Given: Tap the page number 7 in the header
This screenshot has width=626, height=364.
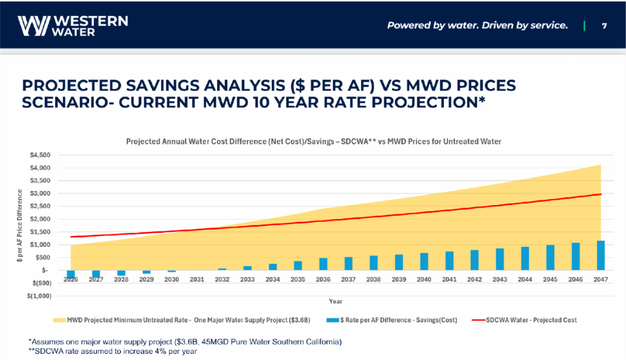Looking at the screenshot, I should (x=604, y=25).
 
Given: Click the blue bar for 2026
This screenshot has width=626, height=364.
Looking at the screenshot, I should (x=71, y=274).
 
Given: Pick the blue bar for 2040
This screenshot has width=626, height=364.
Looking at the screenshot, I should (x=424, y=261).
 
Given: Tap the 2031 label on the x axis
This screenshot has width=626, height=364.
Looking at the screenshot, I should (x=197, y=279).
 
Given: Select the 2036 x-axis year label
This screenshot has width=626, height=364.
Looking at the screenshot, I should (x=323, y=279).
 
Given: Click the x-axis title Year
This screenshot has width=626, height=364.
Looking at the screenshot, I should (x=335, y=300).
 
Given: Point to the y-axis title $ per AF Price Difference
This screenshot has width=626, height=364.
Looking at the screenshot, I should (x=20, y=226).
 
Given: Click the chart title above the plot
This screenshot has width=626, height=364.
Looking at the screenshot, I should (x=314, y=141).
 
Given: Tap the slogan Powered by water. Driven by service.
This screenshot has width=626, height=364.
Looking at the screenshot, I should (x=477, y=25).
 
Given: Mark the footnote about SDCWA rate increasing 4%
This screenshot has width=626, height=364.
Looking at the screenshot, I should (x=113, y=351).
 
